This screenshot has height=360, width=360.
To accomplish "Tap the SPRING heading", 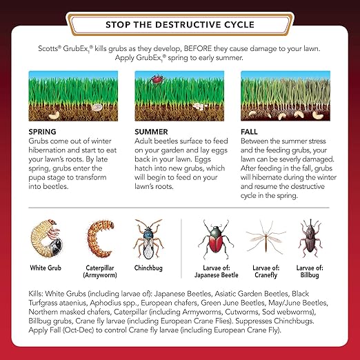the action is (x=42, y=132).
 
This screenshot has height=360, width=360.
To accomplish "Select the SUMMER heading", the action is (x=151, y=132).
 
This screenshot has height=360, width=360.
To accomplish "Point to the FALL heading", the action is (x=249, y=132).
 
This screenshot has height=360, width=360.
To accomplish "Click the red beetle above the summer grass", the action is (x=157, y=79).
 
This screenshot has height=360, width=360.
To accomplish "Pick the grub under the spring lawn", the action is (x=54, y=115).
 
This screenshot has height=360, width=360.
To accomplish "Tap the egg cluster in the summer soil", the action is (x=199, y=106).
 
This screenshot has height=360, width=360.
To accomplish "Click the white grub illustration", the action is (x=47, y=238).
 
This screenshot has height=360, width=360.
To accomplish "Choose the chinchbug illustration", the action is (x=148, y=239).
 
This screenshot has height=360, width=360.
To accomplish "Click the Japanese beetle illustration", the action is (x=216, y=239).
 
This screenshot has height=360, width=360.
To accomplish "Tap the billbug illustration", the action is (x=310, y=238).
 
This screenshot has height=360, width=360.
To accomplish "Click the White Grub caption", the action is (x=46, y=268).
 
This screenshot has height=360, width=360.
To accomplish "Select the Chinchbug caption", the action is (x=148, y=268).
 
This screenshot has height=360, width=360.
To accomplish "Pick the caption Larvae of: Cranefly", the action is (x=266, y=271).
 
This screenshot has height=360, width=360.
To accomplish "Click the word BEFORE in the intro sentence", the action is (x=198, y=48).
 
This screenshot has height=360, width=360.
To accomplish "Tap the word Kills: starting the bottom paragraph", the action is (x=36, y=294).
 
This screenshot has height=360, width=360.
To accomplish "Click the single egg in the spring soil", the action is (x=97, y=107).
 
